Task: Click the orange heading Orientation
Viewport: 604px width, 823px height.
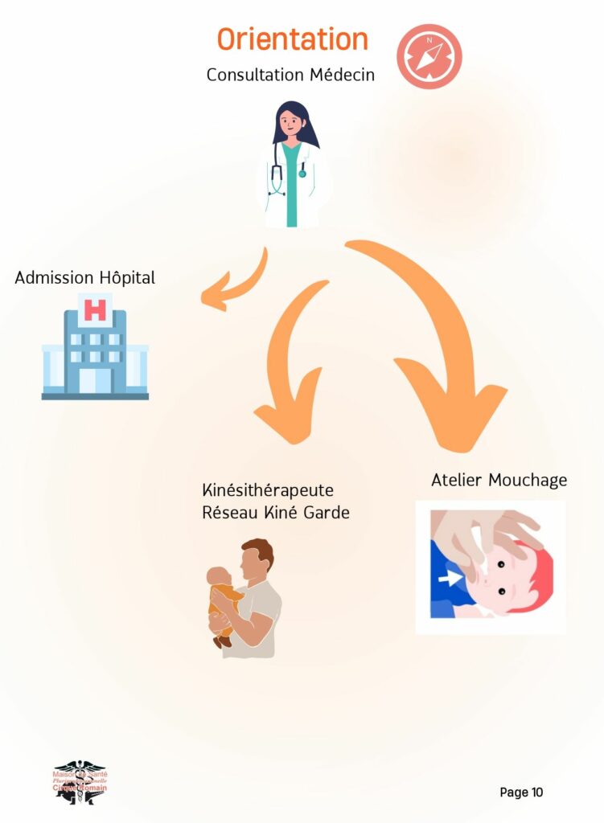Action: click(x=292, y=39)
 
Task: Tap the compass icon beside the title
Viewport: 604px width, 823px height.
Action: click(x=429, y=56)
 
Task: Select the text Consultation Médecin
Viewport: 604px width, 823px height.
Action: click(x=290, y=75)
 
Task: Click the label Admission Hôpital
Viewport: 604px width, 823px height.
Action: click(x=85, y=278)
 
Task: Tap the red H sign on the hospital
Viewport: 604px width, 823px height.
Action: click(x=95, y=309)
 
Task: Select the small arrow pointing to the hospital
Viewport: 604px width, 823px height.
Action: click(x=238, y=285)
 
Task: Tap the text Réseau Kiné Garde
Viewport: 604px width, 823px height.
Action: click(x=276, y=512)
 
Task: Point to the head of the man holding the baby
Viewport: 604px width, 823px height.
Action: click(x=257, y=559)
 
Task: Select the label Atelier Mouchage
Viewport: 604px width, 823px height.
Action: click(x=499, y=481)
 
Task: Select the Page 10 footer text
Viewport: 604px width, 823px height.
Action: click(x=521, y=792)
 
